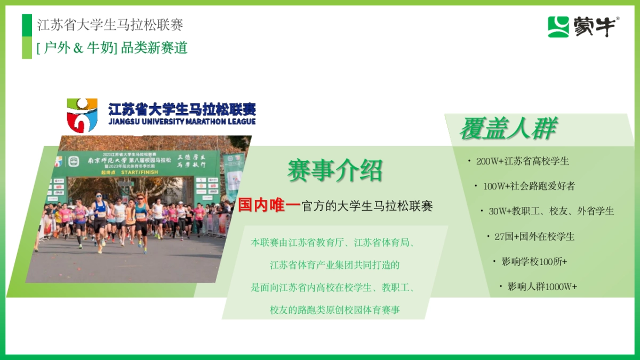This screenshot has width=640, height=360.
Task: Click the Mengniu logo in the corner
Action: (x=583, y=27)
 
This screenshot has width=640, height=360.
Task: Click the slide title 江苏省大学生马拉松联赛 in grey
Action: (x=110, y=25)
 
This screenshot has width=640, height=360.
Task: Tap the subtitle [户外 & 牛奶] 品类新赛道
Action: (x=113, y=48)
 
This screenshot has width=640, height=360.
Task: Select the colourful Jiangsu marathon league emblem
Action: (x=82, y=115)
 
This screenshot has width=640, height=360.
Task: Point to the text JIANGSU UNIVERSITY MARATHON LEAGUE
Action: (x=182, y=122)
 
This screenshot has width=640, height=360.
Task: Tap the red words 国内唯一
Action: (x=269, y=205)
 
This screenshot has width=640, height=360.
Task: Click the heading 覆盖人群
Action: (x=508, y=129)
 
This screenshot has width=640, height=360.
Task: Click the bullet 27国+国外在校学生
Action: (x=534, y=236)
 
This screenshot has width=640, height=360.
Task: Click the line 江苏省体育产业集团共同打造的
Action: (x=334, y=265)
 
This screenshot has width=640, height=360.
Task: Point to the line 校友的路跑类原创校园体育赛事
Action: (x=334, y=310)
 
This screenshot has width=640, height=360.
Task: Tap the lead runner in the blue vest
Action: (x=100, y=216)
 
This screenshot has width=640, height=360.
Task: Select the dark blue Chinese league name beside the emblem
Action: (x=182, y=109)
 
